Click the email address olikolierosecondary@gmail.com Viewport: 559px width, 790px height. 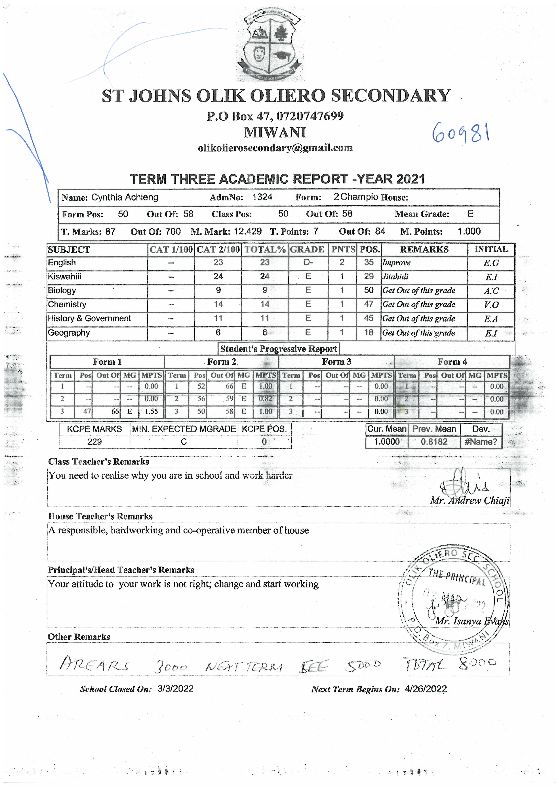tap(275, 148)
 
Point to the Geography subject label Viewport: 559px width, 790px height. tap(69, 333)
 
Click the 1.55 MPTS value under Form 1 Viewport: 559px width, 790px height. tap(151, 411)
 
